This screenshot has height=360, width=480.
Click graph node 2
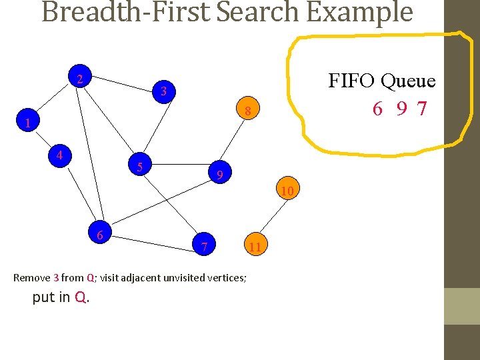pos(79,79)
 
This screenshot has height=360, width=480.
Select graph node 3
pos(163,91)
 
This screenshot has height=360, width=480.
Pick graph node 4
pos(59,155)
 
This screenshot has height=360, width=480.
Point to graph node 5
pos(139,165)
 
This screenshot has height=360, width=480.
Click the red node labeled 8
pos(247,111)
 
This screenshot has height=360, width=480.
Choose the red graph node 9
pos(219,175)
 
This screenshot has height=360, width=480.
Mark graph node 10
pos(287,191)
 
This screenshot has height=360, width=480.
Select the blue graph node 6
pos(99,235)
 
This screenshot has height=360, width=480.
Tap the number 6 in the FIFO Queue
pos(377,109)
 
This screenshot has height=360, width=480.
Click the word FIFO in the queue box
pos(353,81)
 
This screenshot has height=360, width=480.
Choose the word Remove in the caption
pos(31,277)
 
